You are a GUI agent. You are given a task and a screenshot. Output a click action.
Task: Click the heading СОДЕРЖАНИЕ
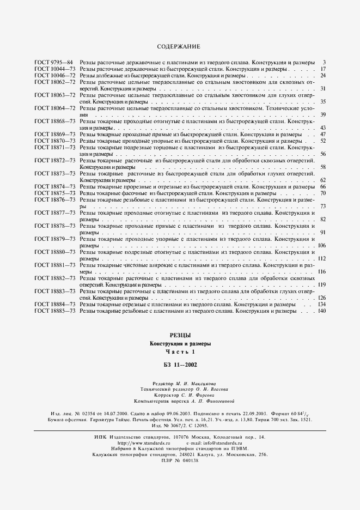[179, 47]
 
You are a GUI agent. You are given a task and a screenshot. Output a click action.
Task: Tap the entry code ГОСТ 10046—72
[54, 75]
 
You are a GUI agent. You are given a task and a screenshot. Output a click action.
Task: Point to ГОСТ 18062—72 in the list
[54, 82]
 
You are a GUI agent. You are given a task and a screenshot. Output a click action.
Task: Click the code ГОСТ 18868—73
[54, 121]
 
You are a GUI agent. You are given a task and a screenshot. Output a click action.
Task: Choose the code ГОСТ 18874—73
[54, 186]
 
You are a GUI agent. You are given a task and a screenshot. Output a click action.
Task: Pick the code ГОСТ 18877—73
[54, 212]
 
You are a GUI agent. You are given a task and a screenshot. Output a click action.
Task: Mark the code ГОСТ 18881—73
[54, 265]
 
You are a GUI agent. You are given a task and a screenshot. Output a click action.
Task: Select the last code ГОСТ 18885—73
[54, 311]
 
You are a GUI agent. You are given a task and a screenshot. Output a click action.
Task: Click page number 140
[321, 311]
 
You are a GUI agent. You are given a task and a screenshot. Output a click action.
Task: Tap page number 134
[321, 304]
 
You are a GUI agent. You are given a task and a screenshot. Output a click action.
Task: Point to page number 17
[322, 69]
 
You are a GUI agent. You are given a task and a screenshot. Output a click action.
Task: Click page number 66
[322, 186]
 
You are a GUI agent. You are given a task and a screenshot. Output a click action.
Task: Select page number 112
[321, 258]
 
